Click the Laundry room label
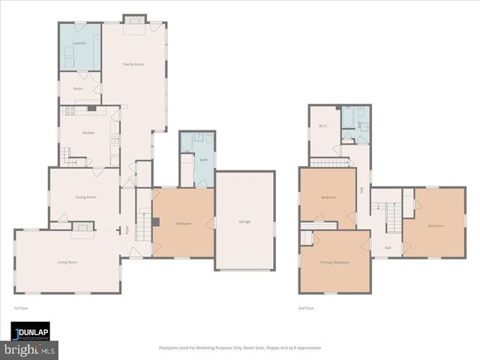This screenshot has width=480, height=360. (x=80, y=43)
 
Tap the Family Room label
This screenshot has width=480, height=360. (x=133, y=65)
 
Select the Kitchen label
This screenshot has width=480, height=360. (x=88, y=133)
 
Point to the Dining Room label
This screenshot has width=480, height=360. (x=86, y=197)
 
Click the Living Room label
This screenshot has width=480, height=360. (x=67, y=262)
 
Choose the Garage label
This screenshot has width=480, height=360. (x=244, y=222)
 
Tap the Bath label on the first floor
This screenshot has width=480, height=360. (x=204, y=160)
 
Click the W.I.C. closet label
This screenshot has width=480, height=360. (x=323, y=126)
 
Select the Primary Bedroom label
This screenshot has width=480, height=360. (x=334, y=262)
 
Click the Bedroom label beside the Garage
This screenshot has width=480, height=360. (x=184, y=223)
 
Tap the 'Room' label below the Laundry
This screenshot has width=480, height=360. (x=78, y=88)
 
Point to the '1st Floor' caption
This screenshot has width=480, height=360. (x=21, y=308)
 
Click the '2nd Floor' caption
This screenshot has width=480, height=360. (x=306, y=308)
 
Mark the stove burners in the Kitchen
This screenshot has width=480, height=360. (x=71, y=110)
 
